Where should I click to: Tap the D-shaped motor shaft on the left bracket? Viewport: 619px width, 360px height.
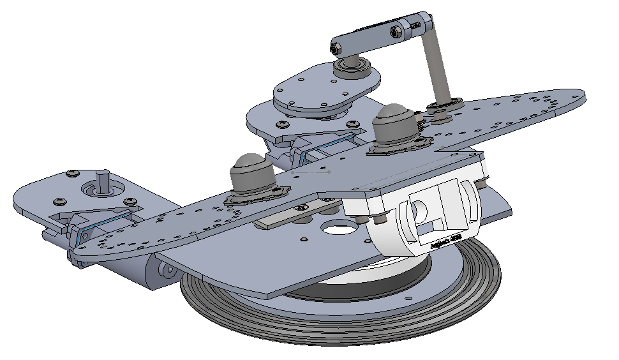(x=102, y=179)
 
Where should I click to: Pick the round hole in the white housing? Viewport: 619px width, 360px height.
(x=419, y=210)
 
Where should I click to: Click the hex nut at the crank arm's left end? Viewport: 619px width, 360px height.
(x=337, y=48)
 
